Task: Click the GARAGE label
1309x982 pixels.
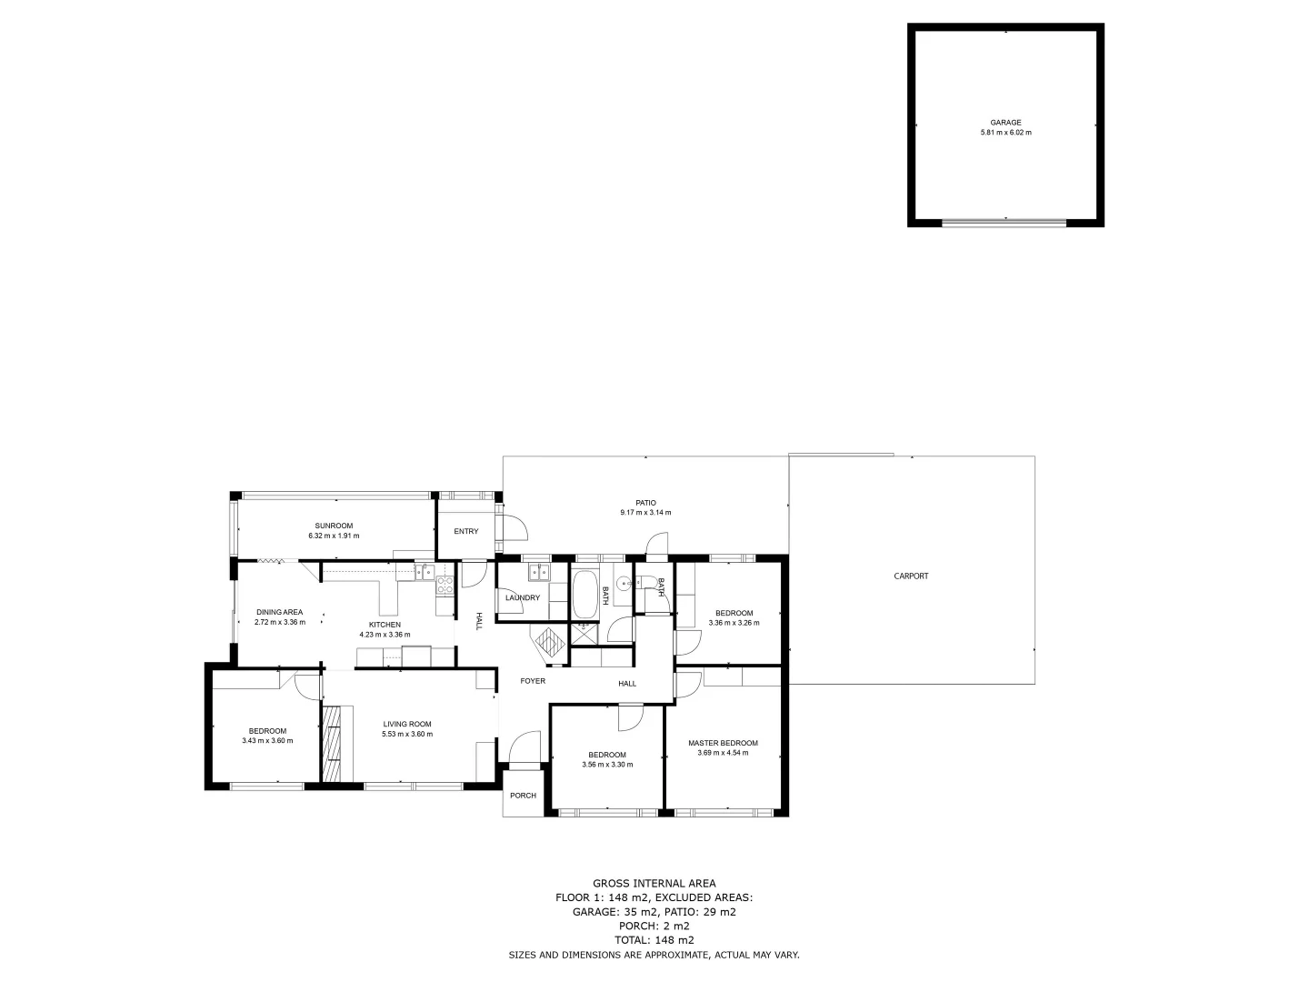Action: click(x=1005, y=123)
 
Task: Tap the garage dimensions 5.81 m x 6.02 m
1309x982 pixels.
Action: click(x=1005, y=133)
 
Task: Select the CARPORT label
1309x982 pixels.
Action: click(x=911, y=576)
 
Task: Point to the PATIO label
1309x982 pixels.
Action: click(x=645, y=503)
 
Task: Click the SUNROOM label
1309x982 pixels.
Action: click(x=334, y=526)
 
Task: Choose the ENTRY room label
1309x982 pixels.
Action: click(x=465, y=532)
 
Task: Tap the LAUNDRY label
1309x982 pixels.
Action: click(x=523, y=598)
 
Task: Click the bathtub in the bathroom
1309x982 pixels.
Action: click(x=585, y=595)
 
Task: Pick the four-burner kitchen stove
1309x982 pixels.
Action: click(x=445, y=585)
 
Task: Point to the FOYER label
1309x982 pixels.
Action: click(x=533, y=681)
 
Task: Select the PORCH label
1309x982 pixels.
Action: click(x=523, y=796)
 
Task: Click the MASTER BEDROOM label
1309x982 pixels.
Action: click(x=723, y=743)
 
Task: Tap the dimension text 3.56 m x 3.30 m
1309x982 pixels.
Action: click(x=607, y=765)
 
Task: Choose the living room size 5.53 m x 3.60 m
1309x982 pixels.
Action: click(x=407, y=734)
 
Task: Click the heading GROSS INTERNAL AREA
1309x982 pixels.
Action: click(x=654, y=883)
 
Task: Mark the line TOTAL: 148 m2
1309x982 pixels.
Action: click(x=654, y=940)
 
